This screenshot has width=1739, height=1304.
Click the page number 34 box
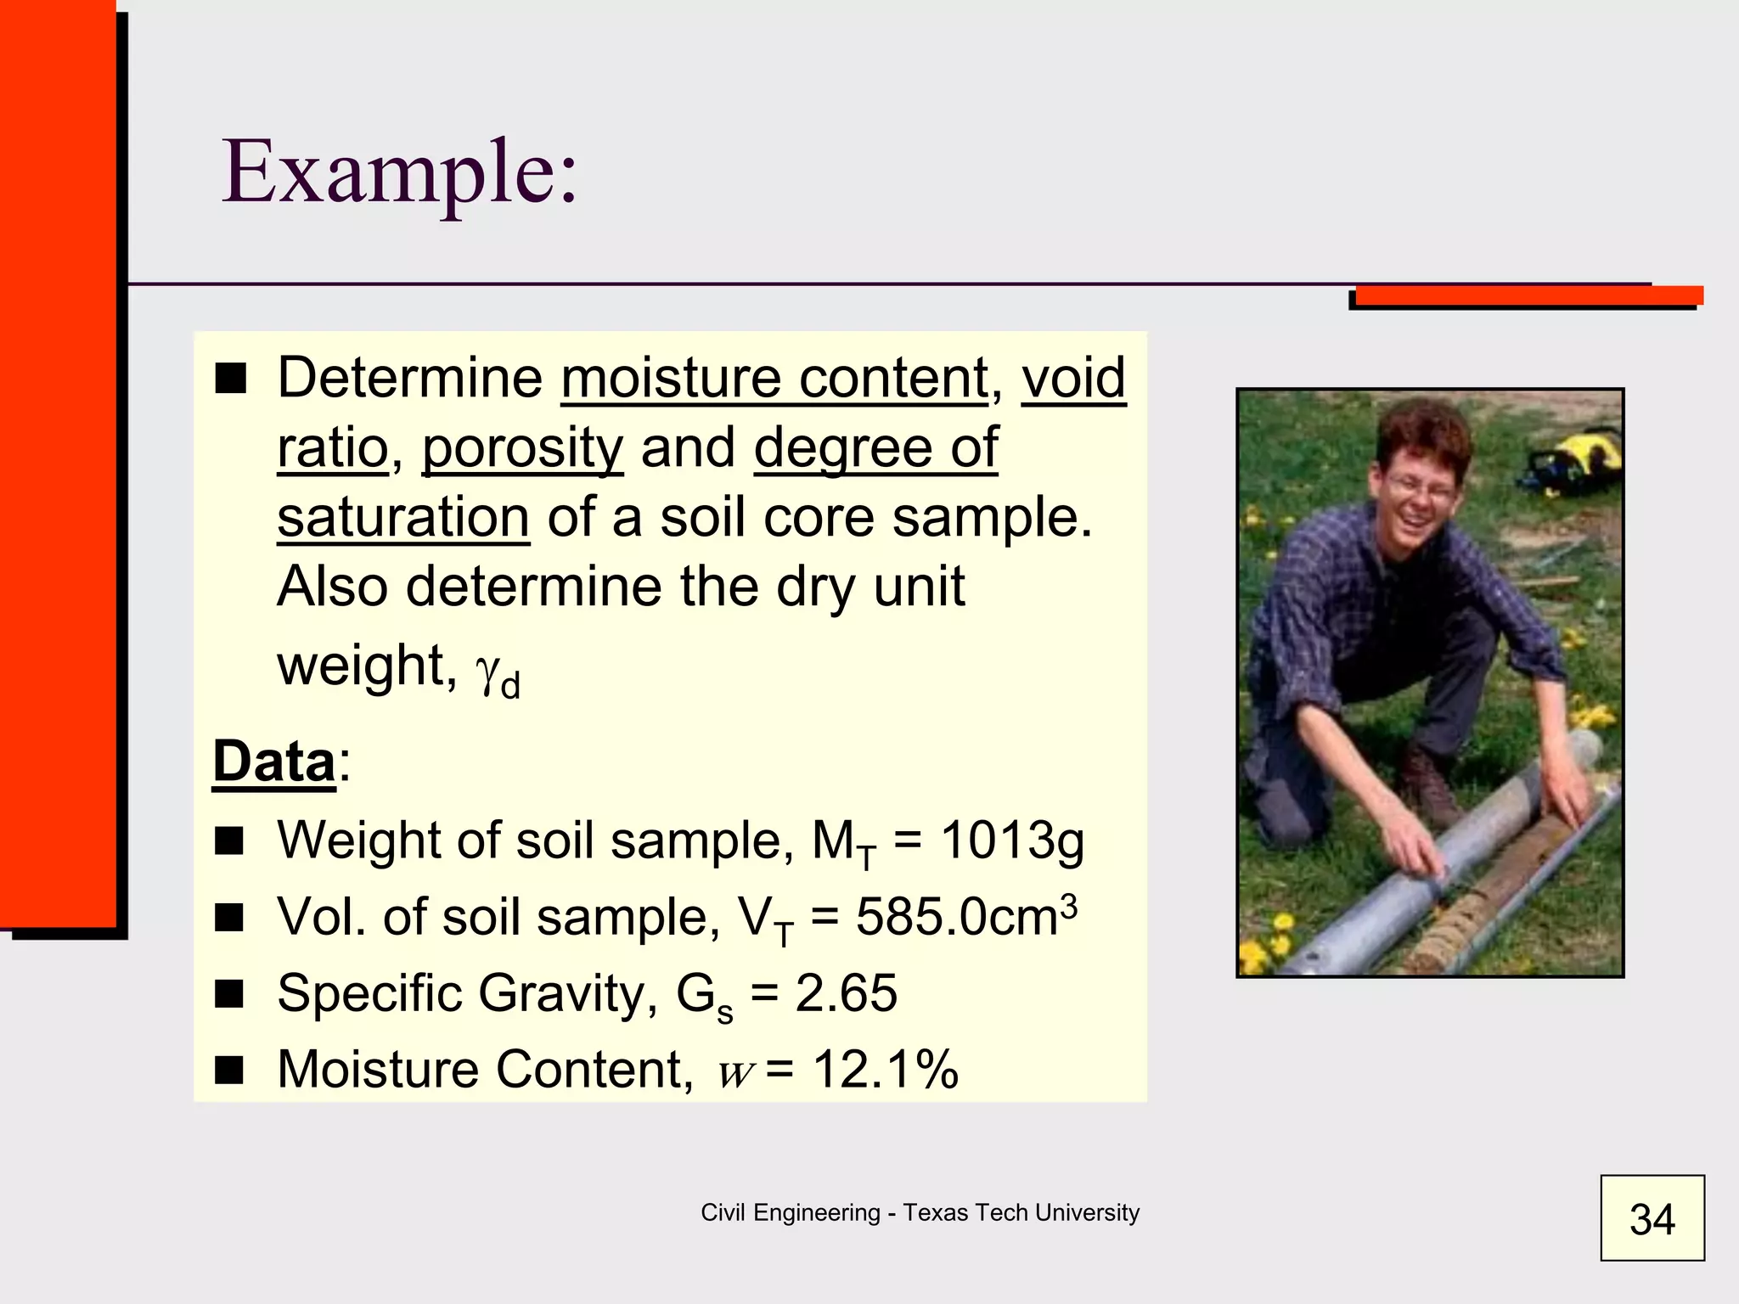pyautogui.click(x=1652, y=1217)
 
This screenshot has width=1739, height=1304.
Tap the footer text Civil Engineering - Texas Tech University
pyautogui.click(x=920, y=1212)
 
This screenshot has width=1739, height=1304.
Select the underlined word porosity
pyautogui.click(x=522, y=447)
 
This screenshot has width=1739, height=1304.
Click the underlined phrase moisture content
pyautogui.click(x=774, y=378)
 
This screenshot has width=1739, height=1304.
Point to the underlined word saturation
pyautogui.click(x=403, y=517)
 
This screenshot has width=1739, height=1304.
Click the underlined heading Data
pyautogui.click(x=273, y=762)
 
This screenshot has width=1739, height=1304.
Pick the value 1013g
pyautogui.click(x=1012, y=840)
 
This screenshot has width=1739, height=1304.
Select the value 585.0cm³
pyautogui.click(x=965, y=917)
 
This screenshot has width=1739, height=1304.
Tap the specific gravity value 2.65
pyautogui.click(x=846, y=992)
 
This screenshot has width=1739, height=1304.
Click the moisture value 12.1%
pyautogui.click(x=886, y=1069)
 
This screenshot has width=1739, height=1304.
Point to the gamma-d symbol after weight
pyautogui.click(x=498, y=674)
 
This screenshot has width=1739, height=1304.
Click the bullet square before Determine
pyautogui.click(x=230, y=379)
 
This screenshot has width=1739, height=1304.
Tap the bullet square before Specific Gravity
pyautogui.click(x=229, y=993)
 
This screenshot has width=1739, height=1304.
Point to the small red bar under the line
pyautogui.click(x=1528, y=295)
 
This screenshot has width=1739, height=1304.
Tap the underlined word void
pyautogui.click(x=1073, y=378)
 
